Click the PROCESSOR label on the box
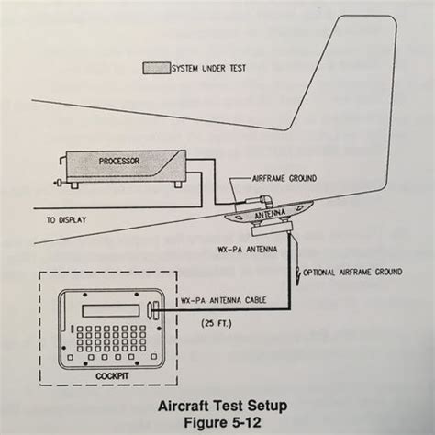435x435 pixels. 119,161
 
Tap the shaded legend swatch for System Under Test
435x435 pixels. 157,68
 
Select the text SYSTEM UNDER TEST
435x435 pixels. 209,69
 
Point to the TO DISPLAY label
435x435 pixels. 66,220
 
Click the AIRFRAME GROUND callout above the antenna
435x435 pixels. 284,178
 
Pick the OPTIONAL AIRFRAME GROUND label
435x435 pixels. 352,272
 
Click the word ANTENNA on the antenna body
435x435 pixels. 270,214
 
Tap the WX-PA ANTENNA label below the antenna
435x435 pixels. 248,250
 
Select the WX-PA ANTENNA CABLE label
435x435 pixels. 224,300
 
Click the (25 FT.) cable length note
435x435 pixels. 217,323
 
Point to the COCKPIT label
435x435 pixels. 112,376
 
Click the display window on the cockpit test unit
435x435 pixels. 111,310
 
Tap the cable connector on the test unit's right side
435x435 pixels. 153,310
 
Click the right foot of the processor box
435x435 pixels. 178,184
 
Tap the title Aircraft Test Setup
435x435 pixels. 223,406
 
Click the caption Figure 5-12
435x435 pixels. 222,422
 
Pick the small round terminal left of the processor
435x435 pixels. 59,183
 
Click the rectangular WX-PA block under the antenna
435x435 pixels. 272,229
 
